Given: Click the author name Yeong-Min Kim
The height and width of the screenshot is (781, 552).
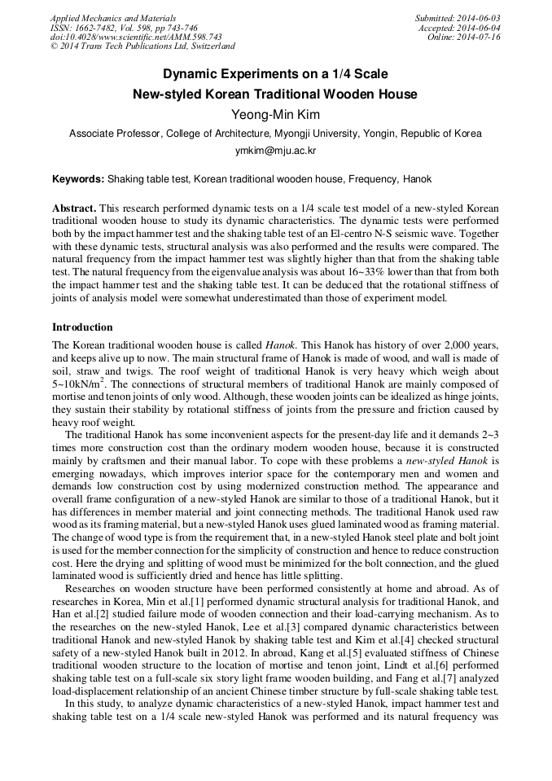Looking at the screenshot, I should [x=275, y=115].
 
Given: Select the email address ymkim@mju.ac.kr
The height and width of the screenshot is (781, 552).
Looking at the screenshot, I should [x=275, y=151].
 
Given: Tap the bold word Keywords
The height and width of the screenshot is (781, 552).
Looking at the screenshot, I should [x=77, y=179].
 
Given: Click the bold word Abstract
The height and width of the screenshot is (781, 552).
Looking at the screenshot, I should [x=74, y=208].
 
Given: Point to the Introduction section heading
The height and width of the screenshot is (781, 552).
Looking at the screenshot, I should [x=82, y=327].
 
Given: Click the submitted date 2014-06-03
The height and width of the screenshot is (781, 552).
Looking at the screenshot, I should [x=479, y=18].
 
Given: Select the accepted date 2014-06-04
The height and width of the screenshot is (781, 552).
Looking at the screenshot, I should [x=479, y=28].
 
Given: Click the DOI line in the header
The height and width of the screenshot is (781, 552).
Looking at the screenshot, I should [x=136, y=37].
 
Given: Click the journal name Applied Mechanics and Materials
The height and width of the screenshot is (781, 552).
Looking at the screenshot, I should [x=114, y=18].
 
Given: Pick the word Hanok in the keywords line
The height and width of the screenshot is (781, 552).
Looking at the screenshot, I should [x=418, y=179].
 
